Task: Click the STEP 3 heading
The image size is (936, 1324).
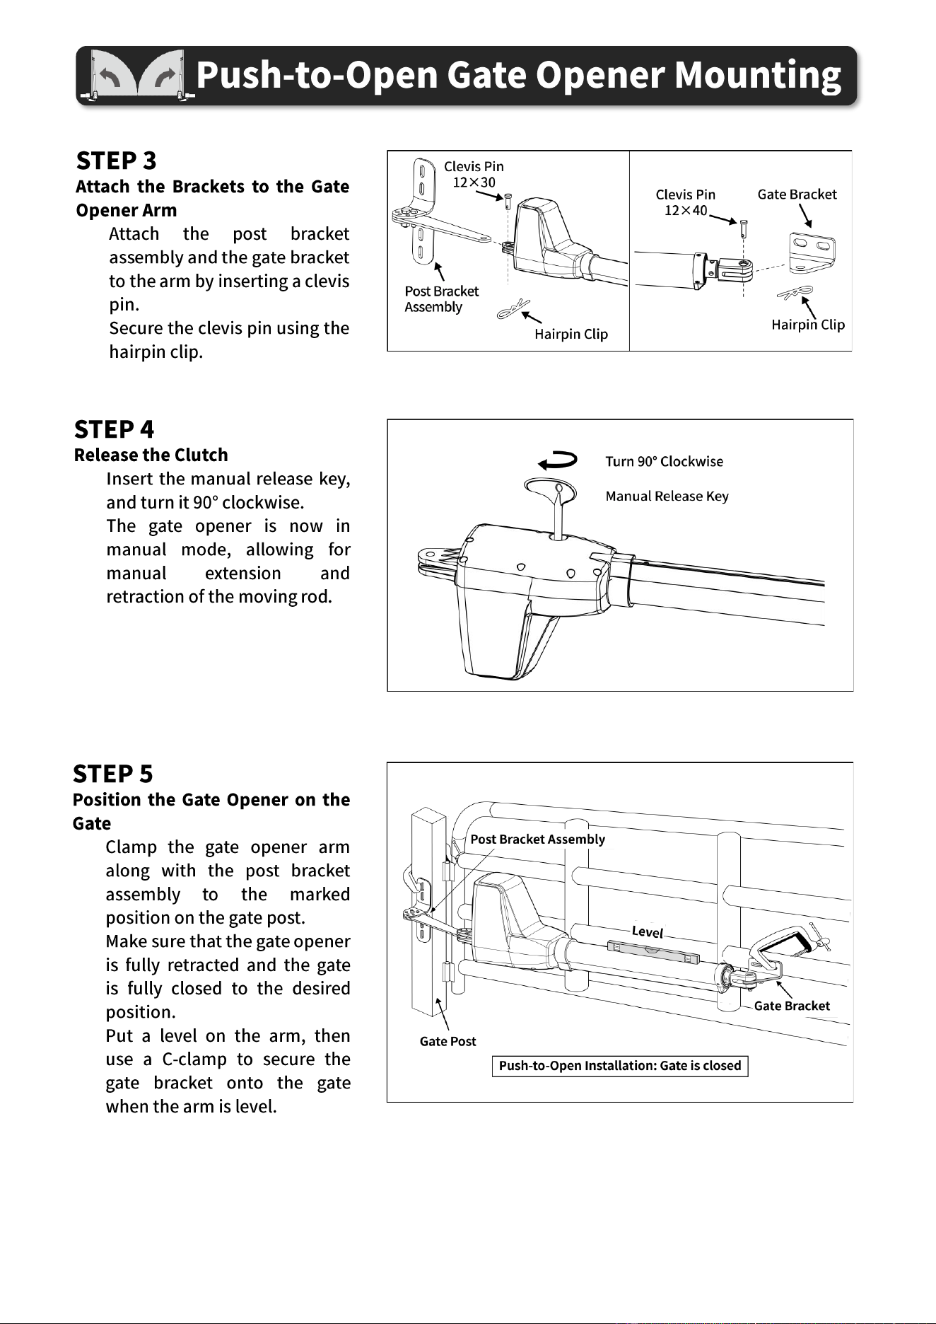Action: pyautogui.click(x=116, y=161)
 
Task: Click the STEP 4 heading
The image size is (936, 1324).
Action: pyautogui.click(x=114, y=429)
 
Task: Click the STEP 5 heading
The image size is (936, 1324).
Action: pyautogui.click(x=112, y=774)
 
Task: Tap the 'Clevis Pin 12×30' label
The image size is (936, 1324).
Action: pyautogui.click(x=474, y=174)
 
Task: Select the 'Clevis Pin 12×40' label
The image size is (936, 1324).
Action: pyautogui.click(x=685, y=202)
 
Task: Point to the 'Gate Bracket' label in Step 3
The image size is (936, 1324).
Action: pyautogui.click(x=797, y=194)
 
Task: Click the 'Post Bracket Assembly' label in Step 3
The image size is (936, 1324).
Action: pyautogui.click(x=441, y=299)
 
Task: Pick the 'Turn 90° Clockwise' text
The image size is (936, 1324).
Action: pyautogui.click(x=664, y=461)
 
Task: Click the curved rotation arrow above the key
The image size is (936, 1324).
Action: pyautogui.click(x=558, y=460)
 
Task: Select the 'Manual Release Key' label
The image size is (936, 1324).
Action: pyautogui.click(x=667, y=496)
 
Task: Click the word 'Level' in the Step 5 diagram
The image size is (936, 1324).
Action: pyautogui.click(x=648, y=931)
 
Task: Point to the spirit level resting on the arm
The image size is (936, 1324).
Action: pyautogui.click(x=653, y=952)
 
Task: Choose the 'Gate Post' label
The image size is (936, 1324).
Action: pyautogui.click(x=447, y=1041)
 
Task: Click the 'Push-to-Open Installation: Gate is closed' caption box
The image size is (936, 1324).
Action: pyautogui.click(x=620, y=1066)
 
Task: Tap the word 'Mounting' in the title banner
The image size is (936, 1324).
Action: pyautogui.click(x=758, y=76)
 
